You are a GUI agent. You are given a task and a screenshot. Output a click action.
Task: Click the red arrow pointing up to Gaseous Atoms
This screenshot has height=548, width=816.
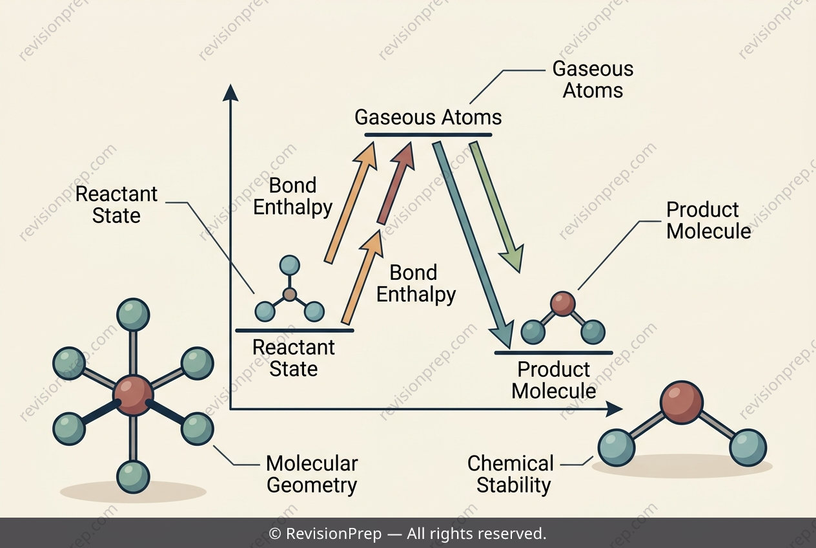click(396, 183)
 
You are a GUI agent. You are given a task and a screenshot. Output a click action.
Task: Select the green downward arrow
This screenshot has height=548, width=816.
click(496, 207)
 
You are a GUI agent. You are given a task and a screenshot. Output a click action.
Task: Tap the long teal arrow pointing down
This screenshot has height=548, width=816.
click(473, 245)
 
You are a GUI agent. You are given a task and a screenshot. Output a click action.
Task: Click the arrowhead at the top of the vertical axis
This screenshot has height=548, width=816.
click(230, 92)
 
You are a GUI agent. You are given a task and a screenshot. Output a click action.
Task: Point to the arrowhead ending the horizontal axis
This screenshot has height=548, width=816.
click(614, 409)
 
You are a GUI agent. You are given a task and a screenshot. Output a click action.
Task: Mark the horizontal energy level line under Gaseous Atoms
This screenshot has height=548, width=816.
click(429, 135)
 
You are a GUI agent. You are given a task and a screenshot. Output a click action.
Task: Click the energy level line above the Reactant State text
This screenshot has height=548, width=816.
click(294, 331)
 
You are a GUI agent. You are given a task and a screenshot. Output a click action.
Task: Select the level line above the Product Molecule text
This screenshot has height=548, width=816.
click(554, 353)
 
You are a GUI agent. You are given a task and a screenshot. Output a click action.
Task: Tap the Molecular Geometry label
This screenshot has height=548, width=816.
click(312, 474)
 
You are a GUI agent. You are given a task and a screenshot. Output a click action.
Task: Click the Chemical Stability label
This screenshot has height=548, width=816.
click(511, 474)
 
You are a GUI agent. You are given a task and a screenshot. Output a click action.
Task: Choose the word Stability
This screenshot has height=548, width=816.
click(514, 485)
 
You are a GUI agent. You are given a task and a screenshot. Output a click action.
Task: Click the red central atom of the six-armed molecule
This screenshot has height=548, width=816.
click(133, 395)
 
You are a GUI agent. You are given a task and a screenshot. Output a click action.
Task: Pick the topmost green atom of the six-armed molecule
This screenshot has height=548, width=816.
click(133, 315)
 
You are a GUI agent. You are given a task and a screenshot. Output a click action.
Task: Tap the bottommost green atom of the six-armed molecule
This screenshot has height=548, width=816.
click(133, 478)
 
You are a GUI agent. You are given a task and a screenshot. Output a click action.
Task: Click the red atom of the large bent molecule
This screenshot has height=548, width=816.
click(682, 403)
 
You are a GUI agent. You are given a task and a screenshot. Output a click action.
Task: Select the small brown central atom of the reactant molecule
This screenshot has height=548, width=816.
click(290, 294)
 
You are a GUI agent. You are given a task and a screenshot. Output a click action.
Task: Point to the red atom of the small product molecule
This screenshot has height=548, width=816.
click(563, 304)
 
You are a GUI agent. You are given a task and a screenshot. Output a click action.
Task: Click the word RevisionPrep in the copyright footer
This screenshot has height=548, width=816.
click(334, 534)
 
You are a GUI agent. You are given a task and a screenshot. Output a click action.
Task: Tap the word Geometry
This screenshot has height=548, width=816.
click(312, 485)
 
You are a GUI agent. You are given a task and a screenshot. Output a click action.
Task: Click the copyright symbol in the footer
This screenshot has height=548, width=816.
click(275, 534)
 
